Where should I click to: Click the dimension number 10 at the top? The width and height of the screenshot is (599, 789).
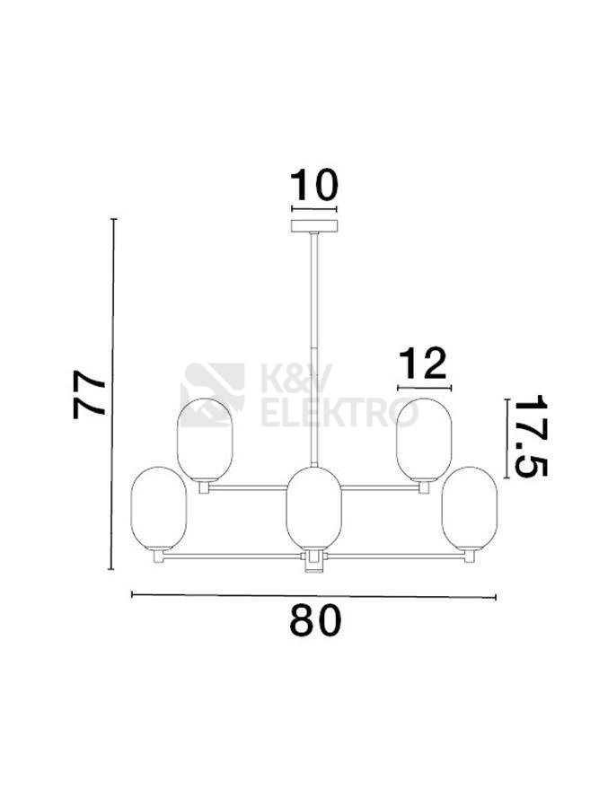click(x=314, y=185)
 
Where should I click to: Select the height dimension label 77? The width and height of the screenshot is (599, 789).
click(x=90, y=394)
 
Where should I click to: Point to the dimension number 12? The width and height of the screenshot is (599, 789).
click(x=423, y=364)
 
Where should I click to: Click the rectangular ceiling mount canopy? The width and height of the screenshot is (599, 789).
click(x=314, y=226)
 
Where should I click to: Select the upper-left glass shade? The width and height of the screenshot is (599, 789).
click(x=205, y=439)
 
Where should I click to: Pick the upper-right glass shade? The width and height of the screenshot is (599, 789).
click(x=424, y=439)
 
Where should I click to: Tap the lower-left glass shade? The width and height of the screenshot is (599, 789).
click(x=159, y=508)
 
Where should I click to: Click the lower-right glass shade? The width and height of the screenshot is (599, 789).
click(x=470, y=508)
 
